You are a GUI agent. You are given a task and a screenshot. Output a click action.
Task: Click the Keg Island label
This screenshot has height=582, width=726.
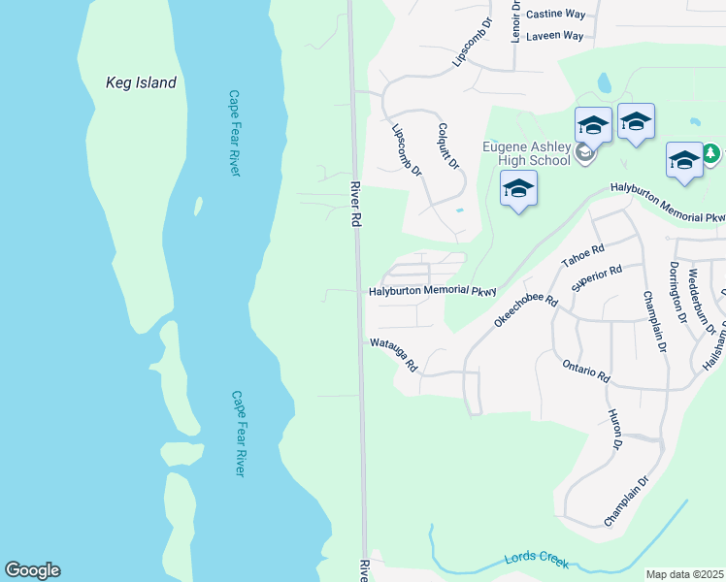(x=141, y=82)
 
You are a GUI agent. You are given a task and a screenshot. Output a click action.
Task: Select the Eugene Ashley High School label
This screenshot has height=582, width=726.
(x=526, y=153)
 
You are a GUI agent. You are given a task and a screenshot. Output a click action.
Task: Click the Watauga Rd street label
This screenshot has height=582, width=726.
(x=393, y=355)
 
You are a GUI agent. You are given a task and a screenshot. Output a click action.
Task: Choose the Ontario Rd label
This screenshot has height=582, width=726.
(x=585, y=371)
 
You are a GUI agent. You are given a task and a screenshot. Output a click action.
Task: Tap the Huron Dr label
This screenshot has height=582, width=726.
(x=614, y=430)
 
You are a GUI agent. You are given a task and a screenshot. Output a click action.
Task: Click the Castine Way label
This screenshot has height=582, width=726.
(x=555, y=15)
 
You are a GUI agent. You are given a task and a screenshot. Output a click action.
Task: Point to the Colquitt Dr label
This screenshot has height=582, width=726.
(x=448, y=146)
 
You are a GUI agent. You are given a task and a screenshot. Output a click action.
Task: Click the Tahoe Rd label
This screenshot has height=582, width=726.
(x=583, y=257)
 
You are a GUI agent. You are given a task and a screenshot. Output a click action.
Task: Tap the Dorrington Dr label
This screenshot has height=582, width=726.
(x=676, y=291)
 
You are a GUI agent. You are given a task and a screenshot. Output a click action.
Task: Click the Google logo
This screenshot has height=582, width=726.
(x=32, y=570)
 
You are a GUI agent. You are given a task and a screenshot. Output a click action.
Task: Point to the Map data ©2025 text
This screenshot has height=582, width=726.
(x=684, y=574)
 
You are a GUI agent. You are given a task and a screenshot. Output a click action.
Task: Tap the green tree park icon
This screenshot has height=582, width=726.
(x=710, y=153)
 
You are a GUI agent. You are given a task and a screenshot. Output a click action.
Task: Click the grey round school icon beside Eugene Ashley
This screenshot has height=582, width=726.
(x=584, y=152)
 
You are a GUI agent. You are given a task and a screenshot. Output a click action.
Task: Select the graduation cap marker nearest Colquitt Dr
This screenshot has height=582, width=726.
(x=519, y=188)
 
